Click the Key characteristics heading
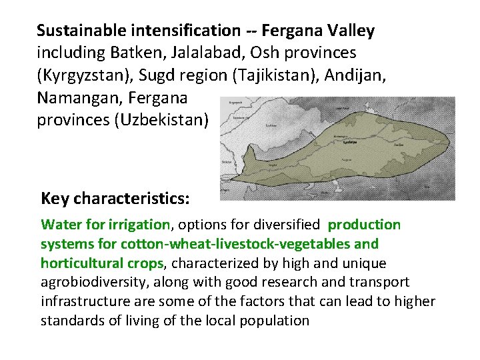point(115,199)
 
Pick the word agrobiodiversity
point(93,283)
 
